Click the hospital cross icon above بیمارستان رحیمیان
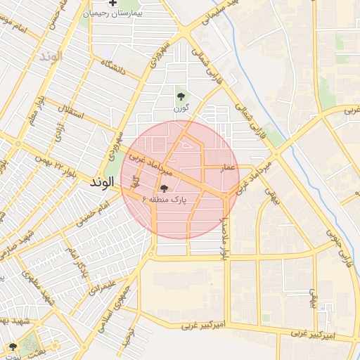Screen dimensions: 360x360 pyautogui.click(x=112, y=4)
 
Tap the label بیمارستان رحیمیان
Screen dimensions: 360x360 pyautogui.click(x=112, y=14)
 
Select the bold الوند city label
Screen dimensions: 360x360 pyautogui.click(x=102, y=182)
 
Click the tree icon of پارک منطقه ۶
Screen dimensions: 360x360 pyautogui.click(x=164, y=188)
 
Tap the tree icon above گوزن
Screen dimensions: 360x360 pyautogui.click(x=181, y=96)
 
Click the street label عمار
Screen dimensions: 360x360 pyautogui.click(x=227, y=169)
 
